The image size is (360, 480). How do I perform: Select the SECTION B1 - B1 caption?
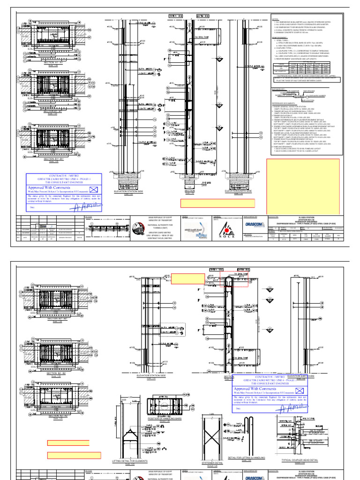tap(56, 111)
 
